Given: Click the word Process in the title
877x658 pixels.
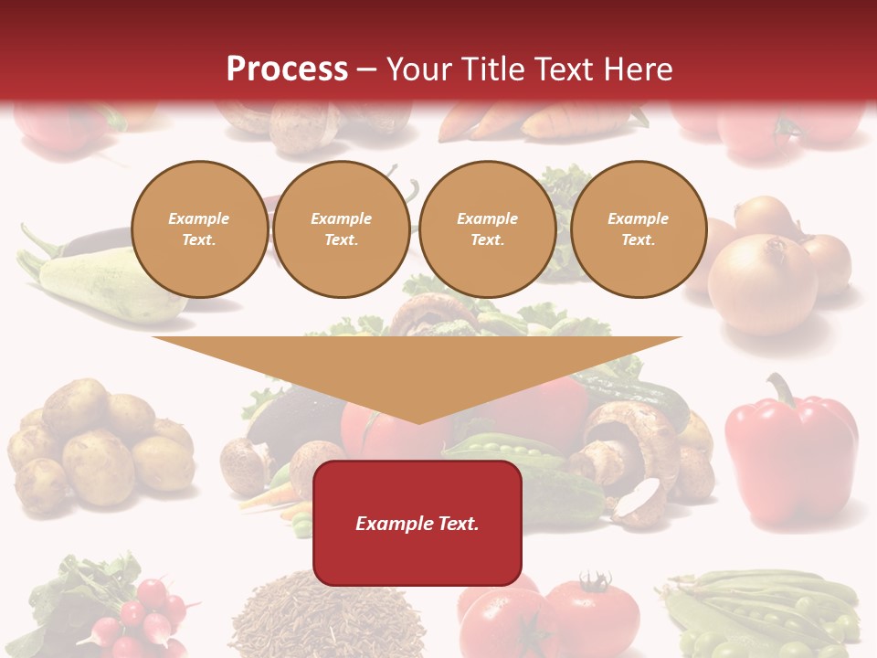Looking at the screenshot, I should (287, 69).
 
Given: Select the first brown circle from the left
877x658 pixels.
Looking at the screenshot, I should (199, 229).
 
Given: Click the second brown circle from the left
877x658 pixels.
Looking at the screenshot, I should (342, 229).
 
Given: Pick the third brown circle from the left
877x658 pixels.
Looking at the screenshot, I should (487, 229).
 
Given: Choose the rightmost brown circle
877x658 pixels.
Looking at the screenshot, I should (639, 229).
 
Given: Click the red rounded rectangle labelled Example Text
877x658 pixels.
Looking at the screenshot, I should (417, 523).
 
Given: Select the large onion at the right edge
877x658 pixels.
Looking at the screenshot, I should (763, 283).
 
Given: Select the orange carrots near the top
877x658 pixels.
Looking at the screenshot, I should (539, 123).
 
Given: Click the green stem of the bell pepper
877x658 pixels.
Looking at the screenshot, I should (782, 389).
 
